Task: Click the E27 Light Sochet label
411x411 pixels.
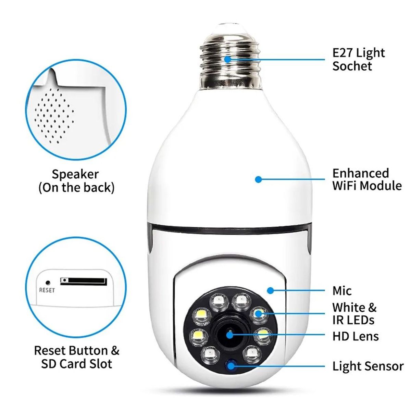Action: [x=358, y=59]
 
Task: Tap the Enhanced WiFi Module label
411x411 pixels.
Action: [x=366, y=179]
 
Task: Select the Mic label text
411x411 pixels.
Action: [x=342, y=291]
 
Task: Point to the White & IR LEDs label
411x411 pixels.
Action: [x=354, y=313]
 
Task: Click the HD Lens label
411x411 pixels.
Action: [x=355, y=336]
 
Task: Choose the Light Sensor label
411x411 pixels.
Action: [x=368, y=366]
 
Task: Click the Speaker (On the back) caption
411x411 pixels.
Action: [x=76, y=181]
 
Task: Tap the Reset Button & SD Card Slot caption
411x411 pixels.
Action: [x=76, y=357]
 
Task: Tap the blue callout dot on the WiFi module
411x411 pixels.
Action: [x=259, y=179]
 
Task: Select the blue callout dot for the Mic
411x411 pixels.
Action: [x=271, y=290]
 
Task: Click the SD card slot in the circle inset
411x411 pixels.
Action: [x=84, y=281]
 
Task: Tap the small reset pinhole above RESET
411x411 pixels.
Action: [x=48, y=283]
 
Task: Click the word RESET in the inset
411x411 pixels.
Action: [x=47, y=290]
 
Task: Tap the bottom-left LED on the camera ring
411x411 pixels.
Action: [x=210, y=353]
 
